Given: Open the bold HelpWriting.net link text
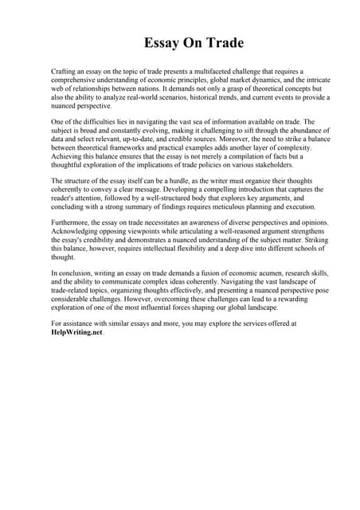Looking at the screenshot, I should click(76, 332).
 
